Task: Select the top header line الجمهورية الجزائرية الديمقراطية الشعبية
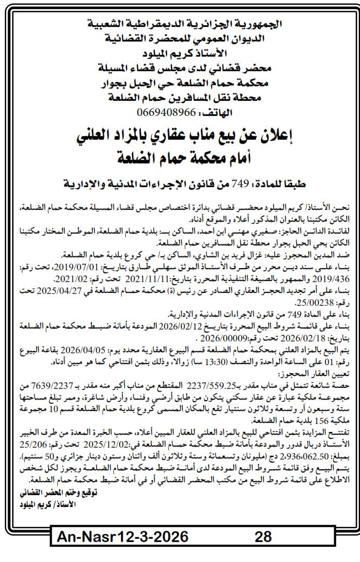[x=180, y=24]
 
